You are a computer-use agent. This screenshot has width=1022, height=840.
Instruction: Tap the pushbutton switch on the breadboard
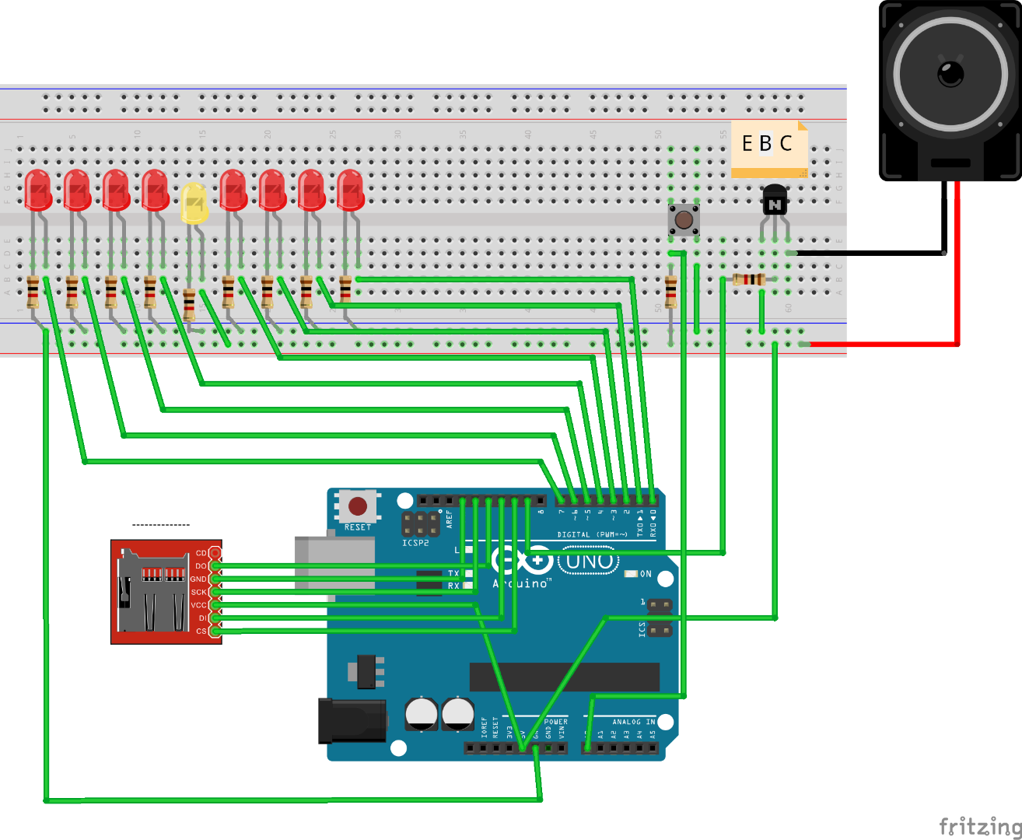coord(684,219)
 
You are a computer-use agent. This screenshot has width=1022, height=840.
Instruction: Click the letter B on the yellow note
coord(765,144)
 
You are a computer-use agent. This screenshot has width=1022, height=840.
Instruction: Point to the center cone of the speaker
coord(950,75)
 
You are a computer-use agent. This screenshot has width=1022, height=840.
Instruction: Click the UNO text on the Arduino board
coord(589,561)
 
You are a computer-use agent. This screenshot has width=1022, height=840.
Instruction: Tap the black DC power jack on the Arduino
coord(352,720)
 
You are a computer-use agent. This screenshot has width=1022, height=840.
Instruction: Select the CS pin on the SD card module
coord(215,632)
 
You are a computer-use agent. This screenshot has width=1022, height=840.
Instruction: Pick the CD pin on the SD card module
coord(215,553)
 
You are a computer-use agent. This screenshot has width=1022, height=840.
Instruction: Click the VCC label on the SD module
coord(198,605)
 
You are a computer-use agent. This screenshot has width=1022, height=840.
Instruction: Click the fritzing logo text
coord(979,826)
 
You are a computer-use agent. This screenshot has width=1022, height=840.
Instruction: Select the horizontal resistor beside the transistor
coord(748,279)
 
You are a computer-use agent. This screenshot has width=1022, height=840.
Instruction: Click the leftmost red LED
coord(37,190)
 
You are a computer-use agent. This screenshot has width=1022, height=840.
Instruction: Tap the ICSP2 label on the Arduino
coord(415,543)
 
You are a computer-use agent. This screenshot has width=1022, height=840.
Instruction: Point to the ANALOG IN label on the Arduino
coord(632,722)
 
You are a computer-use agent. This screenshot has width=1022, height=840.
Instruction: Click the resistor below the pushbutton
coord(670,292)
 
